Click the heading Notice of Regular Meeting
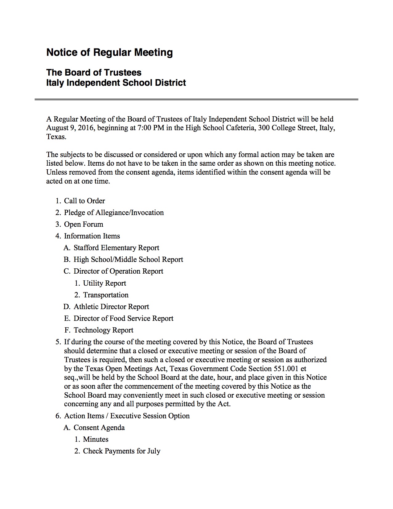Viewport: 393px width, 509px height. [109, 52]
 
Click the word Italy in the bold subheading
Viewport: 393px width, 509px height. [55, 83]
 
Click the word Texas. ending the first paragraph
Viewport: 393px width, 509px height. [56, 137]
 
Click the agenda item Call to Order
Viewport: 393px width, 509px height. [84, 201]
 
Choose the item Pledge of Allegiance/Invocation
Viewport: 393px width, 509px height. [114, 213]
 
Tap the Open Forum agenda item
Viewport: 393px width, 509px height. [84, 224]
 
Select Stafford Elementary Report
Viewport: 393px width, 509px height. [116, 248]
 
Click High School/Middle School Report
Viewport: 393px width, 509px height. [128, 259]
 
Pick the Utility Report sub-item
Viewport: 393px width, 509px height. [104, 283]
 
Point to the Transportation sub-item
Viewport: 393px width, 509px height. [106, 295]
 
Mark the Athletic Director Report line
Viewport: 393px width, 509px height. [111, 307]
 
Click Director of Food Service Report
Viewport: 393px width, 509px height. [123, 318]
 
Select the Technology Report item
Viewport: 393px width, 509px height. [103, 330]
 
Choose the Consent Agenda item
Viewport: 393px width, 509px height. [99, 428]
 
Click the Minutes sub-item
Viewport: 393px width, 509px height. [96, 439]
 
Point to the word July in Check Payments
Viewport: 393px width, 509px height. [154, 451]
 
